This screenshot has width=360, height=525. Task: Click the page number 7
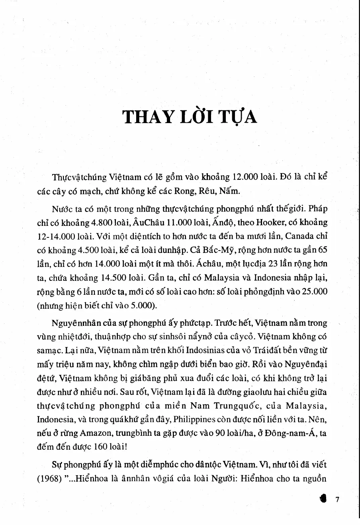[x=337, y=500]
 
